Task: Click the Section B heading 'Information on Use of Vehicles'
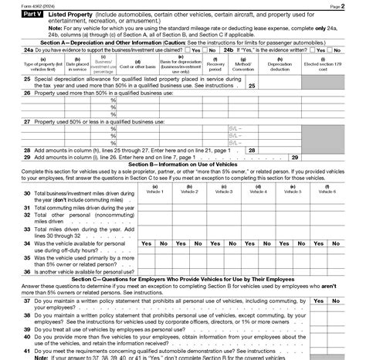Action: click(182, 164)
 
